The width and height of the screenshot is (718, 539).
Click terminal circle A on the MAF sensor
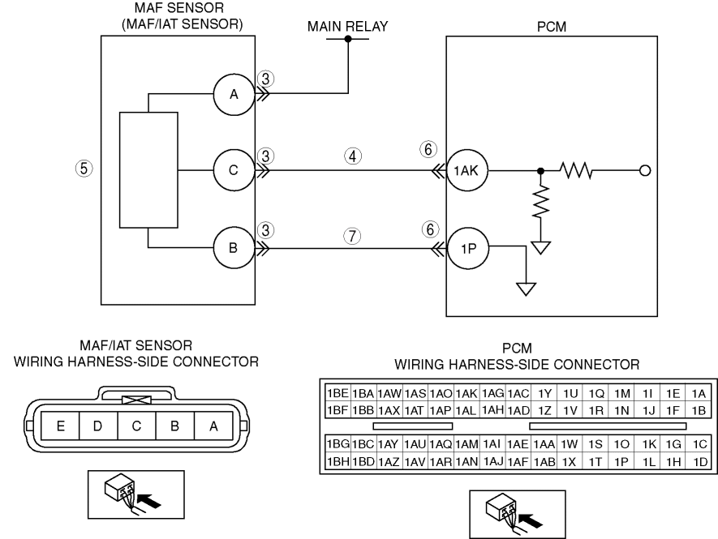click(234, 94)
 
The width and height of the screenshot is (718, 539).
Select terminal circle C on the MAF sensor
click(234, 170)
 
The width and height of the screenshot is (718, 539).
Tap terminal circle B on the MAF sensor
click(234, 248)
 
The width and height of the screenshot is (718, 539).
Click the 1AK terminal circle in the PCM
click(467, 171)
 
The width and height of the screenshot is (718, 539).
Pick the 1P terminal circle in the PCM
click(468, 249)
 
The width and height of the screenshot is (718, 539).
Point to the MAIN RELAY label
click(347, 27)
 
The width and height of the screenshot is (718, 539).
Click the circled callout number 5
click(84, 169)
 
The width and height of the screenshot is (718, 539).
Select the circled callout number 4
click(353, 156)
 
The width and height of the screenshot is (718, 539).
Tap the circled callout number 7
click(352, 236)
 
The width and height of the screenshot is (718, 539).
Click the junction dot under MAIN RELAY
click(348, 39)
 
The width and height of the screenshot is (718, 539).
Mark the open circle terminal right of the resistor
click(645, 171)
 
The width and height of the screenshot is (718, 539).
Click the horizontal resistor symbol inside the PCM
click(576, 171)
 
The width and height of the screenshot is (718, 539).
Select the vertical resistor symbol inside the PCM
click(541, 201)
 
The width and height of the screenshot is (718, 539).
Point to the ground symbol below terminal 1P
click(527, 289)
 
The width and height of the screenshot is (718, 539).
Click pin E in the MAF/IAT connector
click(61, 426)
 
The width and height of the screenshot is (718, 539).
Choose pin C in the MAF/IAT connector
click(136, 426)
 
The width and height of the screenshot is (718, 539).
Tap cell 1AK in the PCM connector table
click(466, 393)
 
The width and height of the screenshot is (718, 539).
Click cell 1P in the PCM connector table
click(621, 462)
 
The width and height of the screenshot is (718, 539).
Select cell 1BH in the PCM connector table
click(338, 462)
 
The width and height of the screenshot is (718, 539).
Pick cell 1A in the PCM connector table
click(699, 393)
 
